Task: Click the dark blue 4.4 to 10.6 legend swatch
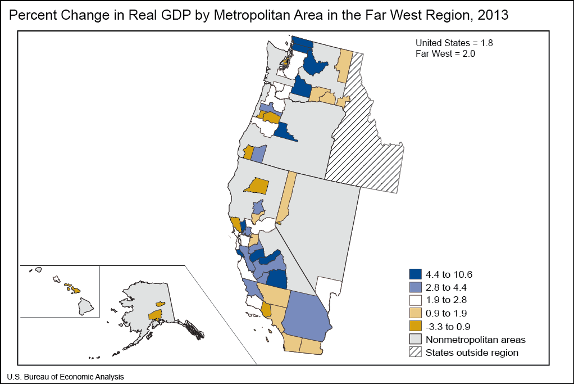415,275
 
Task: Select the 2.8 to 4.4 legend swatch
415,288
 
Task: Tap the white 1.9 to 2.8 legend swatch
415,301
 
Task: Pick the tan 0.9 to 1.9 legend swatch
415,314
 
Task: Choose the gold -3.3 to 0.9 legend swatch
415,327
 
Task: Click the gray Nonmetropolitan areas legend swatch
415,340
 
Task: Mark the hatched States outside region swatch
415,353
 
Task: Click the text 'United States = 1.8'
454,43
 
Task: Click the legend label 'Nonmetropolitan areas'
475,340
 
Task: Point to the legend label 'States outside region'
472,353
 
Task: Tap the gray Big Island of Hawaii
85,306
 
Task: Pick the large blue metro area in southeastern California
306,318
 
